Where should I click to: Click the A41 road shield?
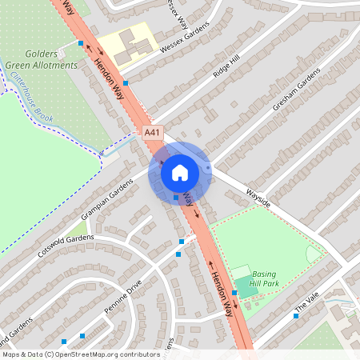pos(153,132)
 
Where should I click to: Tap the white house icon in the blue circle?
pos(180,172)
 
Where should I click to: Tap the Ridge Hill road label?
pos(226,66)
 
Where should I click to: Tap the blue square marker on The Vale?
pos(296,316)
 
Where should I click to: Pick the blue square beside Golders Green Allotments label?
pos(81,43)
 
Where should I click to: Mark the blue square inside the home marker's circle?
pos(176,197)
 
